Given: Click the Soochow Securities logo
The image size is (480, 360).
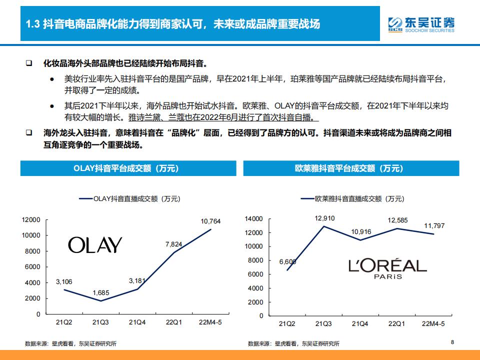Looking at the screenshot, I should pos(421,24).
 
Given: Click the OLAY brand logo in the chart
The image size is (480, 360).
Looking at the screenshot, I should pos(95,245).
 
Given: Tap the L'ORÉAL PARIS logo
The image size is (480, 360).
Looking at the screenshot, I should pos(387,268).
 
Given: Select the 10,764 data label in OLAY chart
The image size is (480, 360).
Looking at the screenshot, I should pos(210,221).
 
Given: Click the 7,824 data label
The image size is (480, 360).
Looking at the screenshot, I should pos(175,244).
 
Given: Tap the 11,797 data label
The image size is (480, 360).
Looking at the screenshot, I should pos(434,226).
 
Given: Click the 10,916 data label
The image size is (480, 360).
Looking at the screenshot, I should pos(361,232).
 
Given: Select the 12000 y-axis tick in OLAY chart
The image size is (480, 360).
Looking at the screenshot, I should pos(31,220).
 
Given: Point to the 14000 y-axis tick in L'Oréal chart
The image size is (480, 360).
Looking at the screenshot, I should pos(254,219).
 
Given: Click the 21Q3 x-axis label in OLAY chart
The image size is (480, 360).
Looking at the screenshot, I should pos(101,322).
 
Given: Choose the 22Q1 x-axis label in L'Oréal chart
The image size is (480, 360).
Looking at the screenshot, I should pos(396,324).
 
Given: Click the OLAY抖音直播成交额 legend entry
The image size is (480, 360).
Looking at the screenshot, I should pos(130,198).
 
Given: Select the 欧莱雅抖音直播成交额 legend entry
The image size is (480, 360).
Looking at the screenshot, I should pos(353,198).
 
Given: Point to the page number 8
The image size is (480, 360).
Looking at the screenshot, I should pos(452,342).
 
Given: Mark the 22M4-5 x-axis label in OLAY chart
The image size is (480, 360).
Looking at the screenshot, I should pos(210,322).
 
